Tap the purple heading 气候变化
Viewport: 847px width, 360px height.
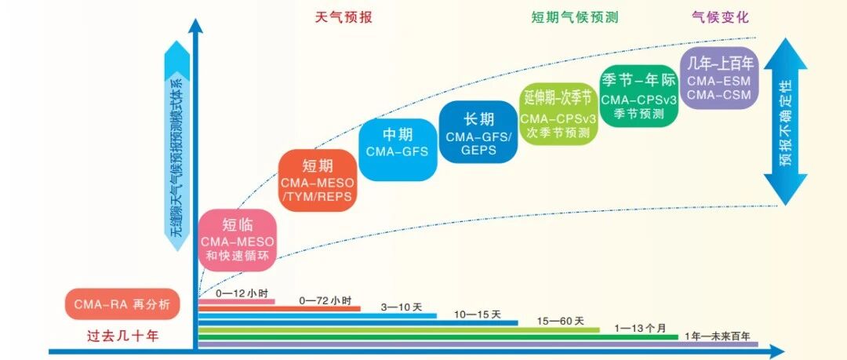pos(721,17)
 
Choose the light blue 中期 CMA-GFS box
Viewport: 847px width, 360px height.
pos(397,144)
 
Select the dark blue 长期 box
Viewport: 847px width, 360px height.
pos(478,132)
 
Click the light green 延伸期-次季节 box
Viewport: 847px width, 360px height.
pos(559,114)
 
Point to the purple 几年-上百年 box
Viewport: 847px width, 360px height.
pos(719,76)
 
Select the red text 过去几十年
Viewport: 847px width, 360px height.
pos(122,336)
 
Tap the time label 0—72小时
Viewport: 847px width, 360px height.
pos(325,300)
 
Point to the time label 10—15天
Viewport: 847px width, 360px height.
pos(478,315)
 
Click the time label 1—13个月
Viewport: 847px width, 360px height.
pos(642,328)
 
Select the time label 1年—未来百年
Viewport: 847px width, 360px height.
pos(718,336)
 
